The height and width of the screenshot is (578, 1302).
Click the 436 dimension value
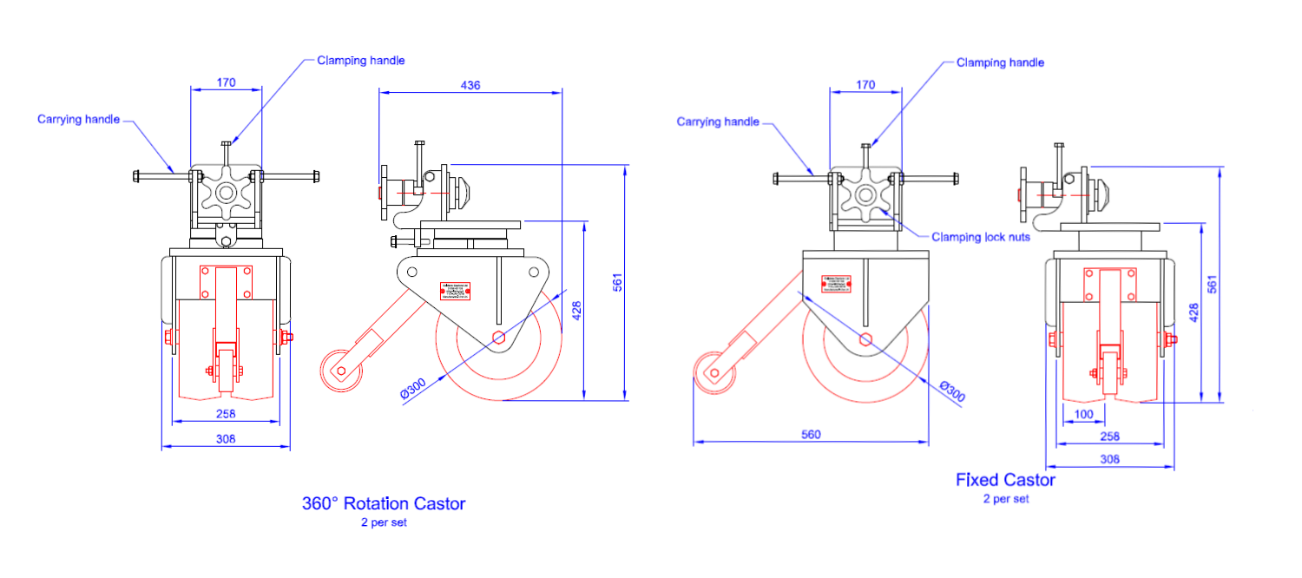470,85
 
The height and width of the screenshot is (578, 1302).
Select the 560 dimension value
811,434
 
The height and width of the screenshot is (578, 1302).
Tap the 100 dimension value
1084,414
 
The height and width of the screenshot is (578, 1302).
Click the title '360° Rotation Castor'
384,503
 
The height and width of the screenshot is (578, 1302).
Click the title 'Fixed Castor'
1005,480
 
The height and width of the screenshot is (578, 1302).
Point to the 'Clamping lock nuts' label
981,236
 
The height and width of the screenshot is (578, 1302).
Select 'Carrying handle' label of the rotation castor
78,119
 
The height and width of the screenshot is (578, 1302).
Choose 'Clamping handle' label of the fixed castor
1000,62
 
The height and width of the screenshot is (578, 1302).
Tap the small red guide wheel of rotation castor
340,371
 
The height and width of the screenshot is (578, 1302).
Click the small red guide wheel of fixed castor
713,374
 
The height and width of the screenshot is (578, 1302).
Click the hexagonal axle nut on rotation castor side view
498,338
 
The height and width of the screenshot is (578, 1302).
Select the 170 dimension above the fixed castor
865,85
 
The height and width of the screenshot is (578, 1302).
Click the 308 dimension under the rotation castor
226,439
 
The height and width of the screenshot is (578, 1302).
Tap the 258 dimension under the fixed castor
1110,437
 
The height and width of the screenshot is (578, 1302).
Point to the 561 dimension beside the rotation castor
618,282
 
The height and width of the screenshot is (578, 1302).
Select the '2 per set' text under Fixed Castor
1005,499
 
